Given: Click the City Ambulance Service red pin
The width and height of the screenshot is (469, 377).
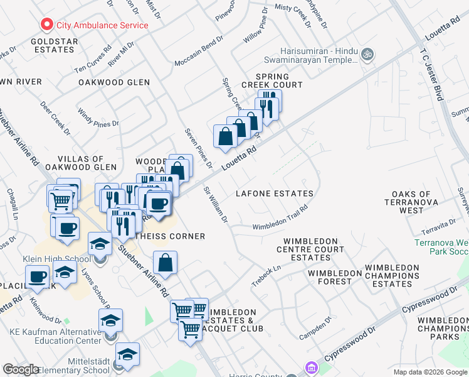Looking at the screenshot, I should tap(46, 26).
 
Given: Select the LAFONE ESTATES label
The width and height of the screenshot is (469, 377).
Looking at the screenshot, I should tap(274, 194).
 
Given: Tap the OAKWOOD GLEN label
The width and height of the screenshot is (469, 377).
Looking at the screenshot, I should tap(114, 82).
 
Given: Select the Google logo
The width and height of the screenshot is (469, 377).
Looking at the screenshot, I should tap(21, 369).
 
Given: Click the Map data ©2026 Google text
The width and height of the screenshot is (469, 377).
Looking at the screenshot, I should tap(429, 372).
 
